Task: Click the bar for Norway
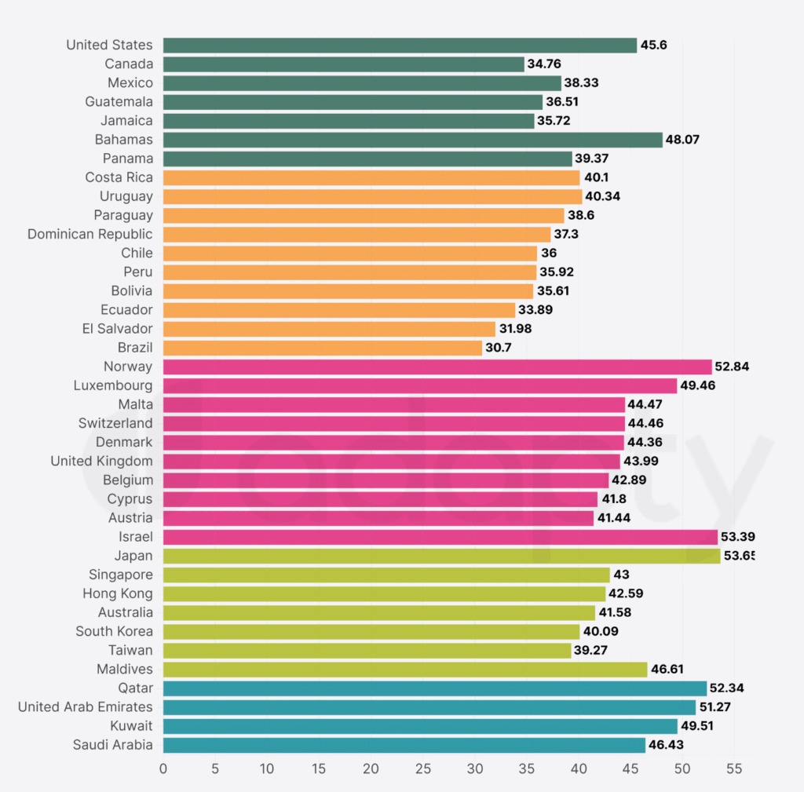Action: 437,367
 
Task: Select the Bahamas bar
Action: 413,140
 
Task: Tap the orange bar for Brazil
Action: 323,348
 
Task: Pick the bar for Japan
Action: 441,556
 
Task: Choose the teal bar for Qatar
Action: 435,688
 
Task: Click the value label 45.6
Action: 654,46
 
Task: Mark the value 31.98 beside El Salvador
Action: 514,329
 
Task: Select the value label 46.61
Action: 667,670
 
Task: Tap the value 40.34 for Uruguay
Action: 602,196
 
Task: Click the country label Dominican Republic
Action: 90,234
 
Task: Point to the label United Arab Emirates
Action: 86,707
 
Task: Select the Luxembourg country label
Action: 113,385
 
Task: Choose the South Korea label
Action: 115,631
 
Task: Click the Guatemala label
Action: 119,102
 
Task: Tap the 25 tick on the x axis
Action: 423,768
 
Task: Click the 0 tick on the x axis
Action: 163,768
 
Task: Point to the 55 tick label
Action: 734,768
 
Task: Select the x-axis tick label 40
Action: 579,768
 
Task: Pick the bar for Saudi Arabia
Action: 404,745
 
